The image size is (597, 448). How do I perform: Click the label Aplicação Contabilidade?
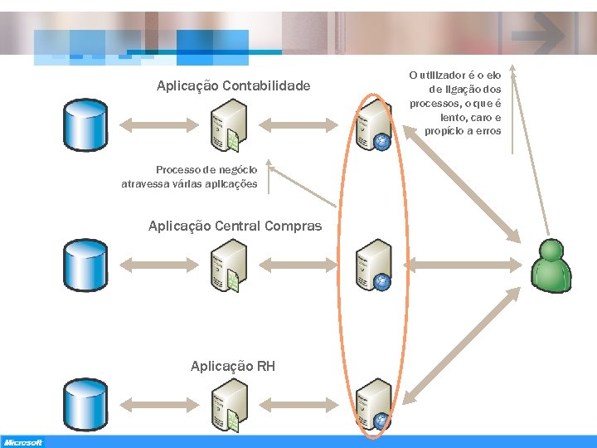pos(234,85)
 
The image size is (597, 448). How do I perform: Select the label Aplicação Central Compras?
pos(235,226)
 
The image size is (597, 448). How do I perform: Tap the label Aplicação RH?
pos(233,366)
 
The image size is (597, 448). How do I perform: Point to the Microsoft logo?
pos(23,442)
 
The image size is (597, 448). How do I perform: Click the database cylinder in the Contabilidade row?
pos(86,125)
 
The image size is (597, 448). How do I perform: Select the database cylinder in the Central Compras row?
pos(86,264)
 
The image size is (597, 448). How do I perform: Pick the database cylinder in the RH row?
pos(86,403)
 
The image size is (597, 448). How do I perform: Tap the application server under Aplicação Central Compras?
pos(228,265)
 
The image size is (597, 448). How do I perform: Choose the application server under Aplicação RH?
pos(228,405)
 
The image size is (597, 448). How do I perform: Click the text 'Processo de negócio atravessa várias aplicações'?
pos(189,177)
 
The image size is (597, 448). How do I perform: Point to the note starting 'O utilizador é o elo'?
pos(455,103)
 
